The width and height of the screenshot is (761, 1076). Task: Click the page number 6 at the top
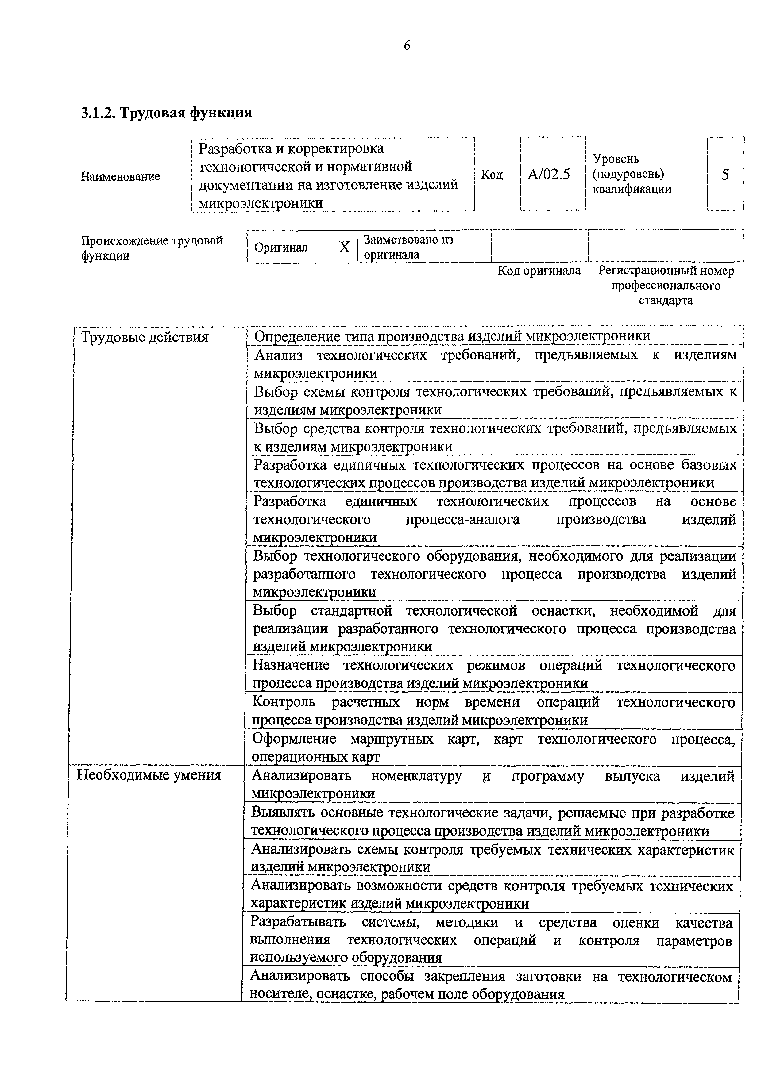tap(407, 45)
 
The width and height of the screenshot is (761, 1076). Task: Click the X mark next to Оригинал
tap(344, 247)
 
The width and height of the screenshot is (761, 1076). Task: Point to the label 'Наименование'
tap(121, 177)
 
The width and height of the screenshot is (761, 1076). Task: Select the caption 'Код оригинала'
tap(539, 271)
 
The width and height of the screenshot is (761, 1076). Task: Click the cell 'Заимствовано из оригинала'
tap(408, 247)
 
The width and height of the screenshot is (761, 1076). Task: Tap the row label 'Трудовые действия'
tap(145, 337)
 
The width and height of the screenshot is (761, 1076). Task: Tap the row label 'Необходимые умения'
tap(149, 775)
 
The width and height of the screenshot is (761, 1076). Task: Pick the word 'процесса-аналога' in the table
tap(463, 519)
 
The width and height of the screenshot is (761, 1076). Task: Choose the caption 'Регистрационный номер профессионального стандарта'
tap(666, 285)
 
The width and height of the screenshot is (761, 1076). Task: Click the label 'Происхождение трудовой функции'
tap(152, 248)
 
